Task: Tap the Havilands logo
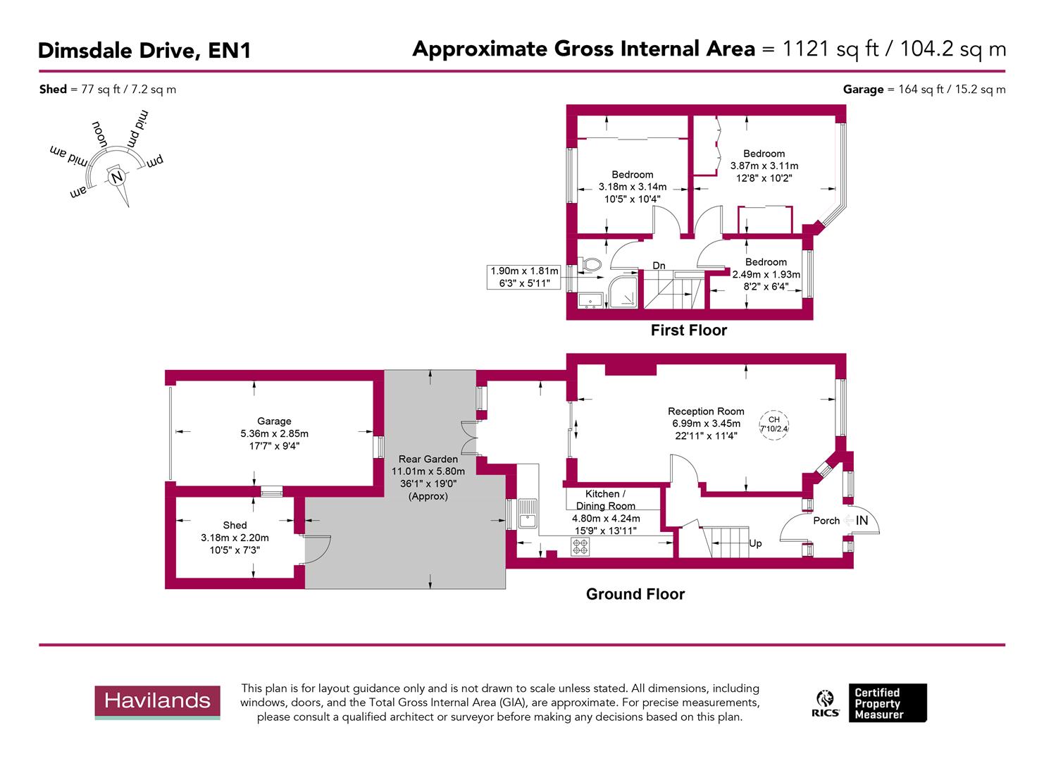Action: click(x=157, y=701)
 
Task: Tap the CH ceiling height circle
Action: click(x=773, y=424)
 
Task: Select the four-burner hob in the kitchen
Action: click(x=580, y=546)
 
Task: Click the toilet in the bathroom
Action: click(x=590, y=264)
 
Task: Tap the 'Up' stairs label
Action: click(x=755, y=543)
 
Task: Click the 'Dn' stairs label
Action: click(x=659, y=266)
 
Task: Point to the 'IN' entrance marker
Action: click(x=862, y=521)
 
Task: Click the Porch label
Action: click(x=826, y=521)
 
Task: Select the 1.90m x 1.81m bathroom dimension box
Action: click(x=525, y=277)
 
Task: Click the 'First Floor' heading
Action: click(x=688, y=330)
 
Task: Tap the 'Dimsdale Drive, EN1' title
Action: click(x=144, y=51)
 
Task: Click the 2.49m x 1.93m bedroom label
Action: click(x=766, y=274)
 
